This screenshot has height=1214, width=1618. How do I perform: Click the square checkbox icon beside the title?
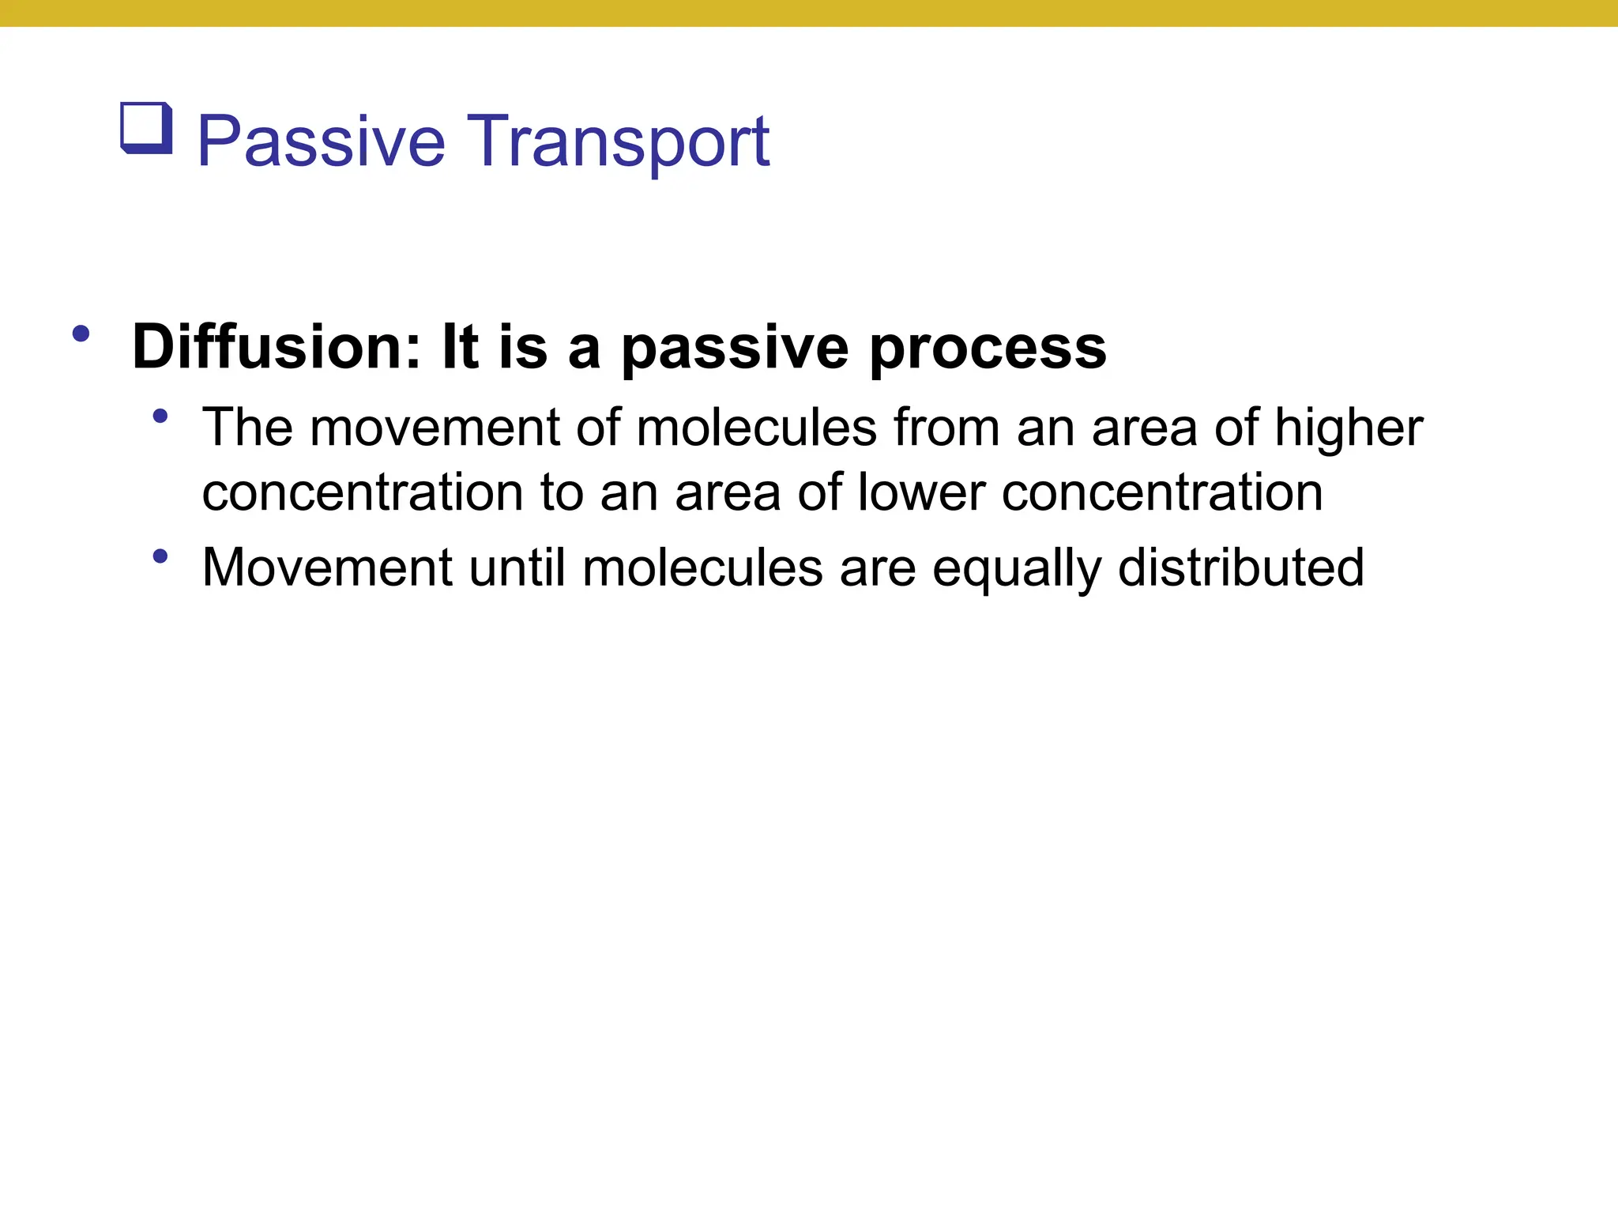(146, 128)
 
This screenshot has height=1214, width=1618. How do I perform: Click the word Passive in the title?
(321, 142)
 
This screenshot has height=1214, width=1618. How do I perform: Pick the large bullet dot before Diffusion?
(80, 334)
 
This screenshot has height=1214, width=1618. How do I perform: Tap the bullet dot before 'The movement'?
(160, 416)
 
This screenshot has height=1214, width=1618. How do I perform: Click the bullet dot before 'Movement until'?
(160, 556)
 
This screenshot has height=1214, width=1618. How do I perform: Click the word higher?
(1349, 429)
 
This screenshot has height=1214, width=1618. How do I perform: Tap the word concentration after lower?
(1162, 492)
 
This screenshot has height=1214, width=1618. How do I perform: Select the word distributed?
(1241, 567)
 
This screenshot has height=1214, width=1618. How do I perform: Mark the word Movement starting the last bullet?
(327, 567)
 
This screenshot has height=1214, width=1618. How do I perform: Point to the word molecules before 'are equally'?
(702, 567)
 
